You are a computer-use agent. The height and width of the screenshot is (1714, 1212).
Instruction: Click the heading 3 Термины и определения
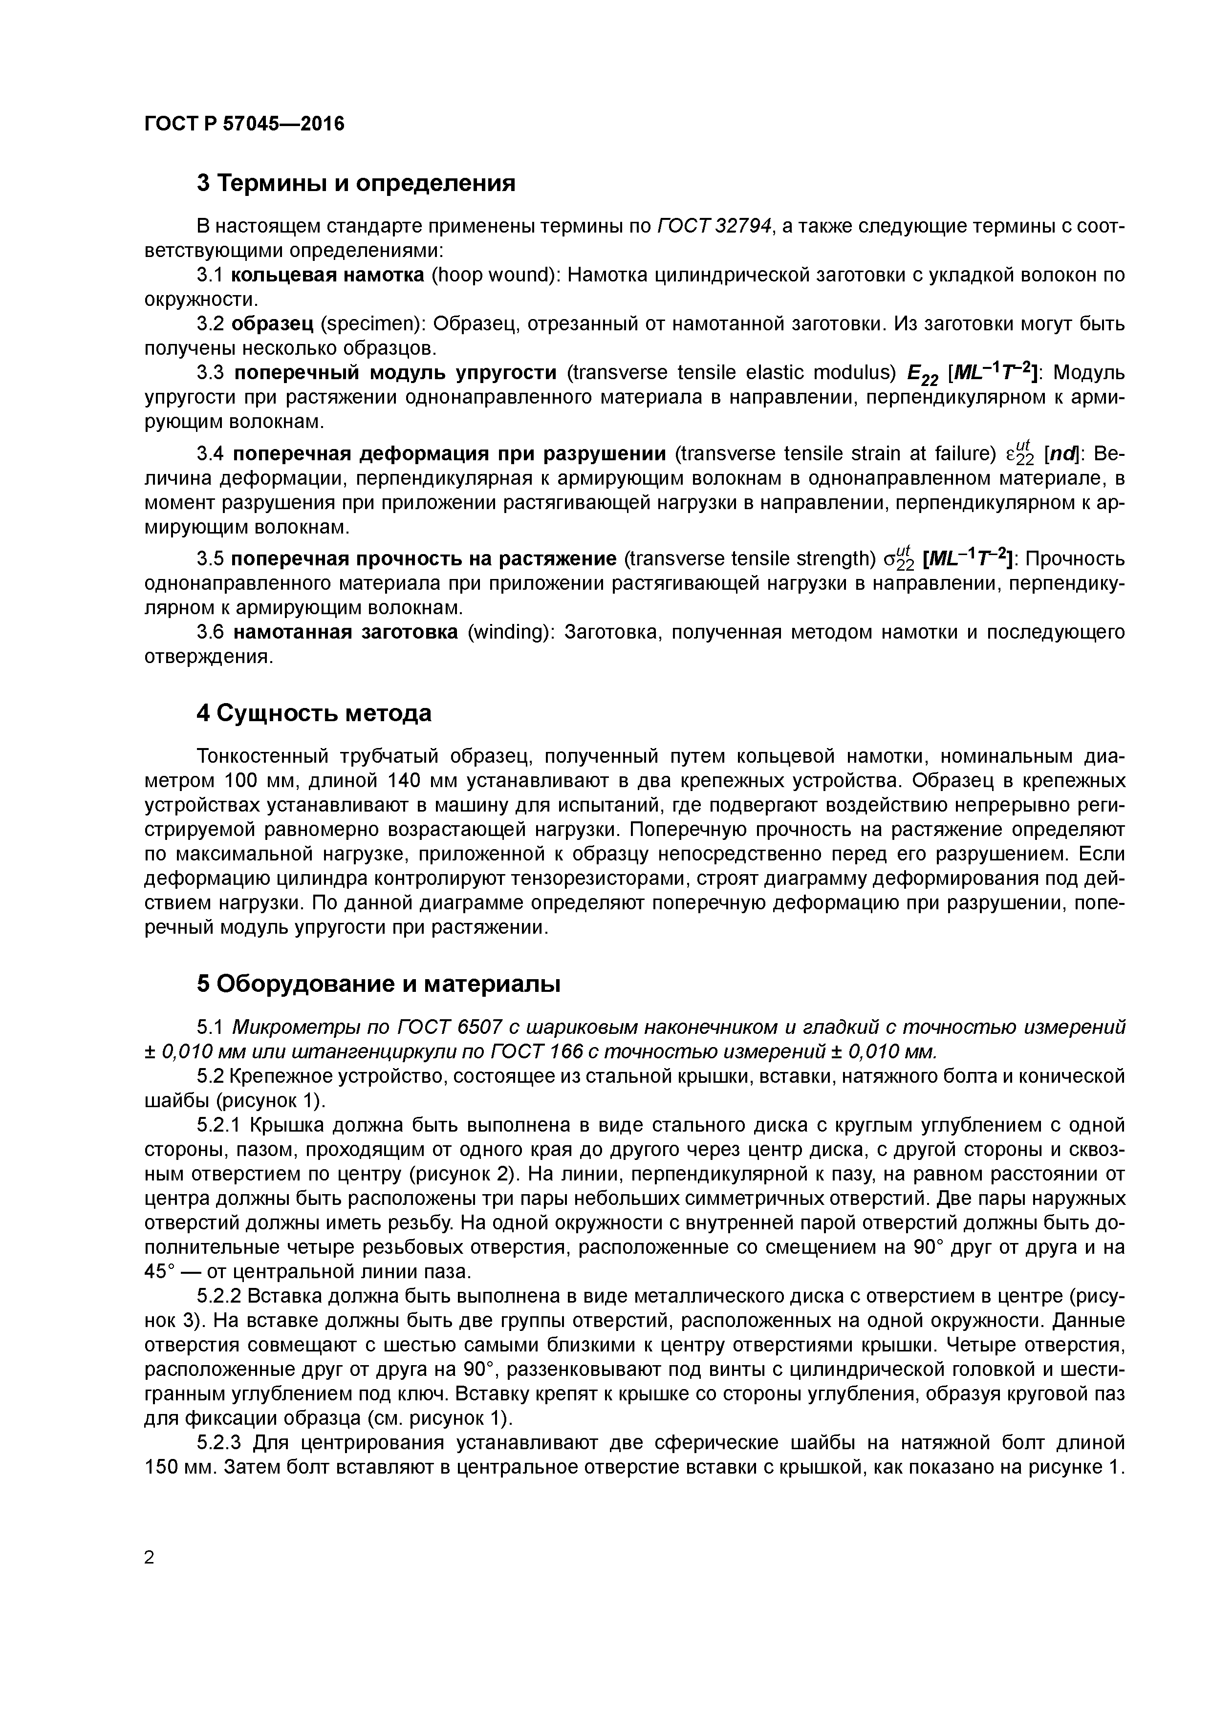pyautogui.click(x=356, y=183)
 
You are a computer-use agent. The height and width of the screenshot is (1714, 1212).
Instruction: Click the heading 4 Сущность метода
pyautogui.click(x=314, y=714)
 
